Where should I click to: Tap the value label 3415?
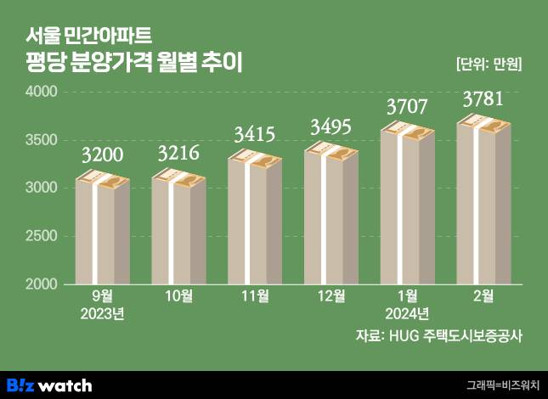tap(255, 133)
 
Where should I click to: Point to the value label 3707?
tap(407, 107)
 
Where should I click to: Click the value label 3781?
tap(483, 100)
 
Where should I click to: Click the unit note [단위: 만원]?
tap(488, 64)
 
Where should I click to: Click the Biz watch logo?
tap(48, 385)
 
